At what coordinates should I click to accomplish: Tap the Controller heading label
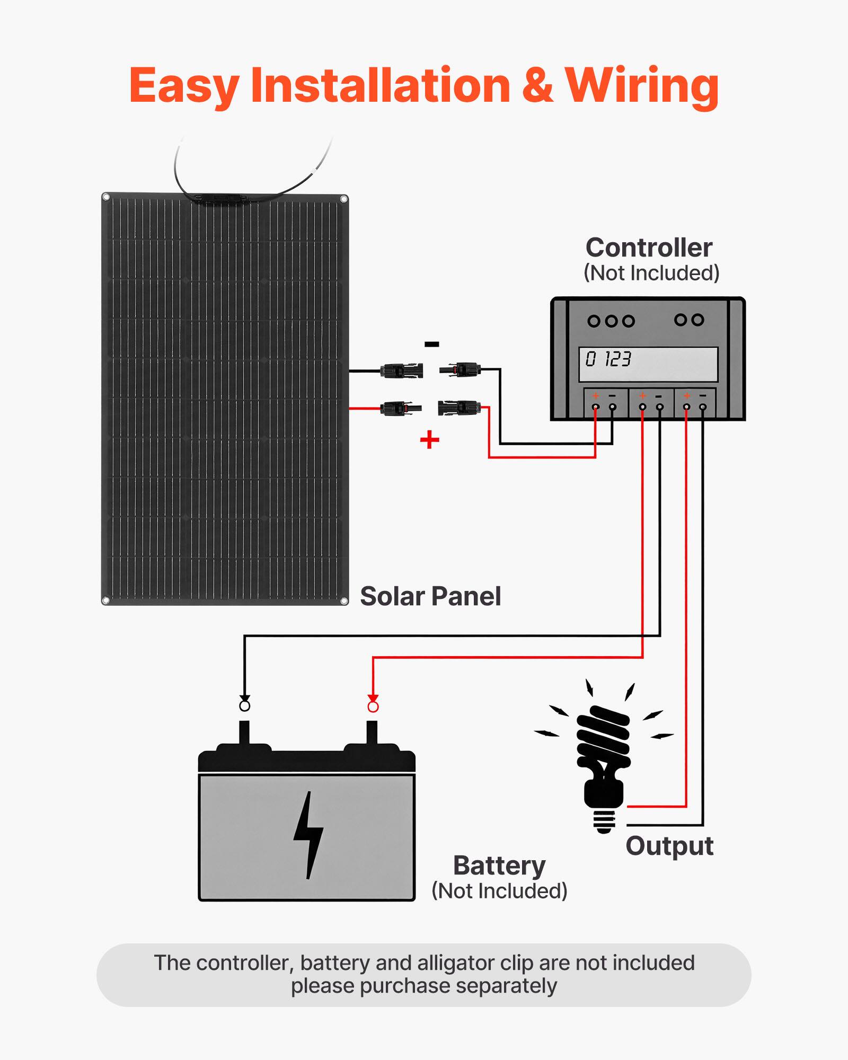pos(649,248)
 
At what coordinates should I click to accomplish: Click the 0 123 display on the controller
pos(608,359)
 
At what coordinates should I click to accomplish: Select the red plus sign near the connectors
pos(429,439)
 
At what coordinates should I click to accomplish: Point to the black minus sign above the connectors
pos(431,344)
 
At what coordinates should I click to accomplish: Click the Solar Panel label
pos(430,596)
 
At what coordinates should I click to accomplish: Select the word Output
pos(669,846)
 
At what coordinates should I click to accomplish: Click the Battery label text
pos(499,866)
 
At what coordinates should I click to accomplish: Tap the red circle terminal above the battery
pos(373,707)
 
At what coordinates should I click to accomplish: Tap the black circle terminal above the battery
pos(244,706)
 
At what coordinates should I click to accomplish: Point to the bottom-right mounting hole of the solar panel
pos(343,600)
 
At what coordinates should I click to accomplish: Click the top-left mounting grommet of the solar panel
pos(106,198)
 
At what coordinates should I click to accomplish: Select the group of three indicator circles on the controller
pos(611,321)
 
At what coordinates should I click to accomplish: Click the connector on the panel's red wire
pos(401,409)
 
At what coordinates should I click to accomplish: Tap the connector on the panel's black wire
pos(402,370)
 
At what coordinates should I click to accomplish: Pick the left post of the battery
pos(244,734)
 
